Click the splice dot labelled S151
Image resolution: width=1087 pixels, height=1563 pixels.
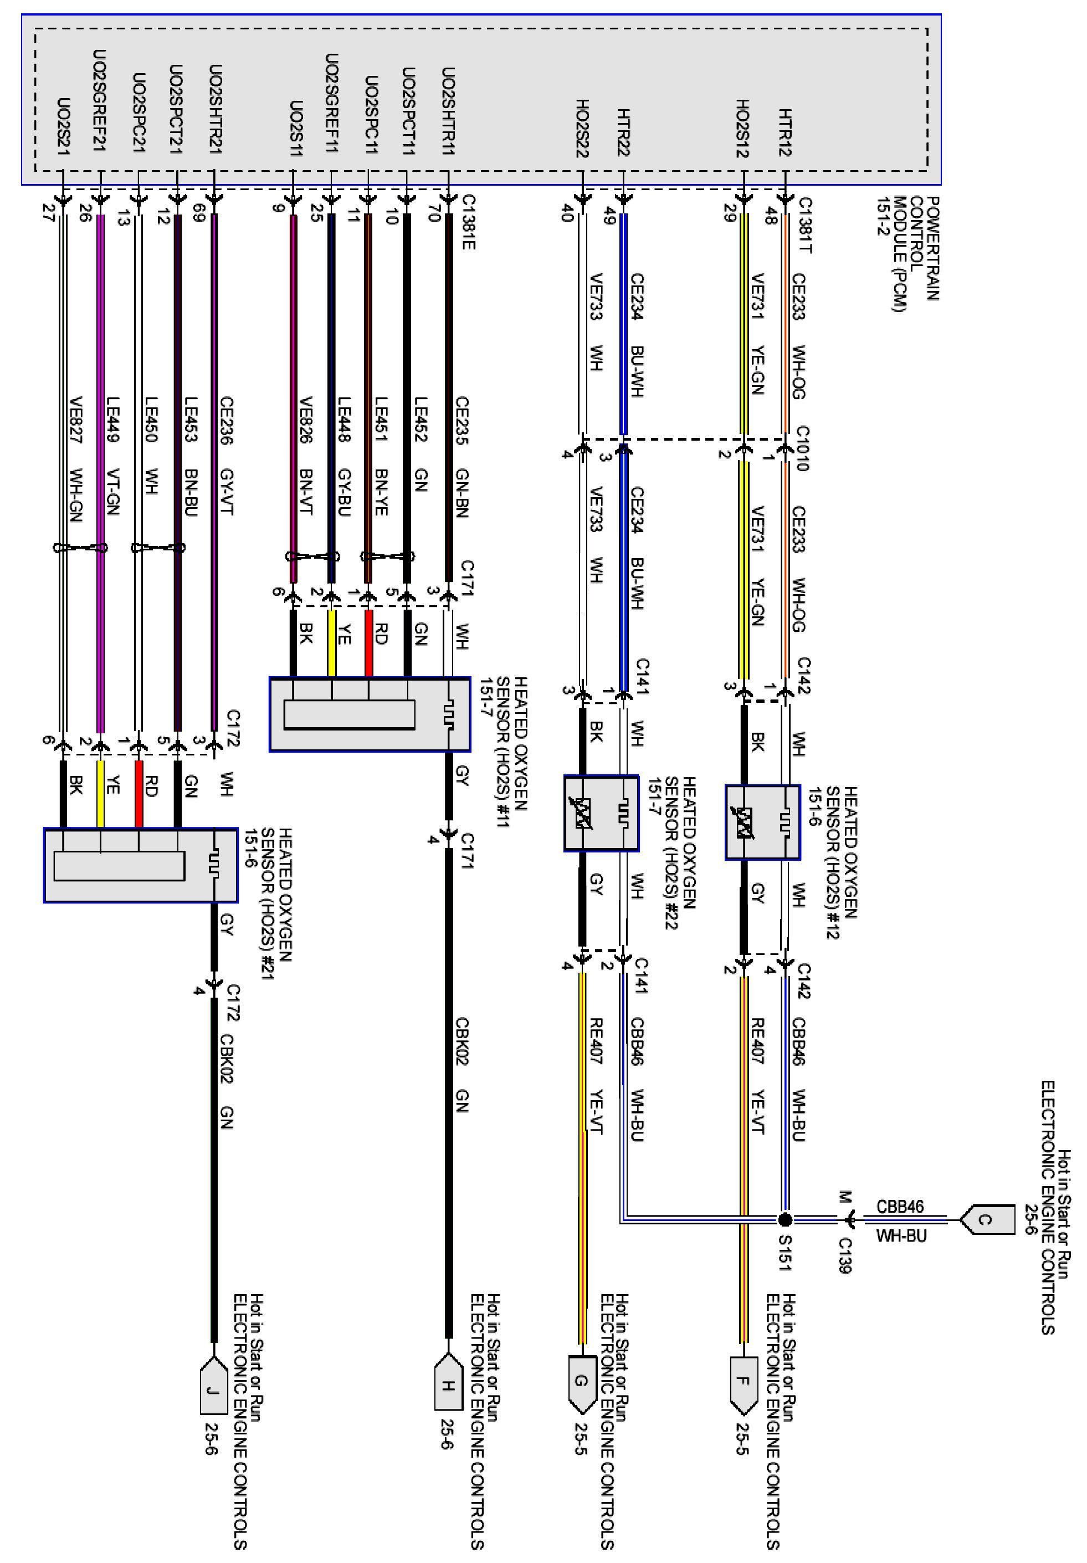pos(785,1219)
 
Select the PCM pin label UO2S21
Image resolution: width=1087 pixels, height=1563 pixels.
pos(63,125)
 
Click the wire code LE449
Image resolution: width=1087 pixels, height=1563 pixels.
pos(112,420)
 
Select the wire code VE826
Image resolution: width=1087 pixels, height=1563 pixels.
pos(306,421)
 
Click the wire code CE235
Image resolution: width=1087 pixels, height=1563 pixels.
pos(462,421)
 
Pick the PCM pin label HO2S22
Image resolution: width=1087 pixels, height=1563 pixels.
pos(582,129)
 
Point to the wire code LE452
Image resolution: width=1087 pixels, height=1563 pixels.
pos(421,420)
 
